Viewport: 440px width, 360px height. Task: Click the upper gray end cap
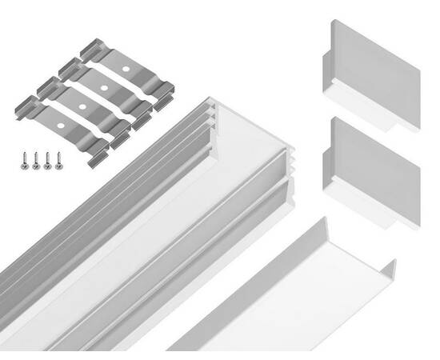coord(373,60)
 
